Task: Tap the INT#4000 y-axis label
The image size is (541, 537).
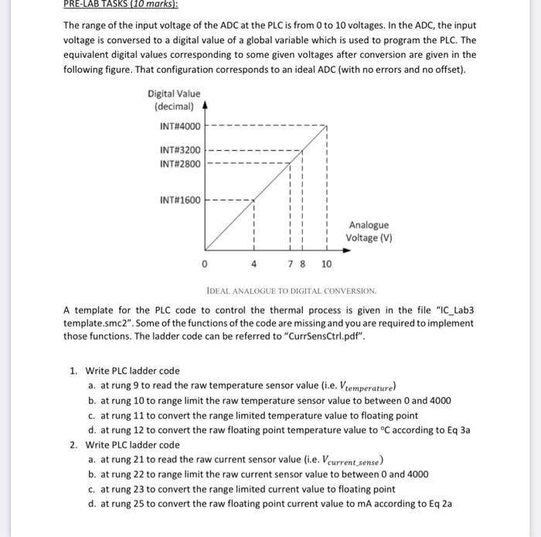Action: (x=179, y=126)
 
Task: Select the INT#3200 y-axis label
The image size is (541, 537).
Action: (x=179, y=150)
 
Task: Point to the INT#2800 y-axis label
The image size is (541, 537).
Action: (x=179, y=164)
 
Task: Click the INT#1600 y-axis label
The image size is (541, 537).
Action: (x=179, y=200)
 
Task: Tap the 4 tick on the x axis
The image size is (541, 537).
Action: (x=253, y=264)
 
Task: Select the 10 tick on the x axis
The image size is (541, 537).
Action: (x=326, y=264)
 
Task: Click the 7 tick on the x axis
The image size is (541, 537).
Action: (x=290, y=264)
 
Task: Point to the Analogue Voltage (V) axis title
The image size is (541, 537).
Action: (x=368, y=231)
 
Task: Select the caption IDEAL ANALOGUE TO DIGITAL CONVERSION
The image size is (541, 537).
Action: (x=291, y=292)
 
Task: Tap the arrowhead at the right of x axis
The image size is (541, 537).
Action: (x=341, y=251)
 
